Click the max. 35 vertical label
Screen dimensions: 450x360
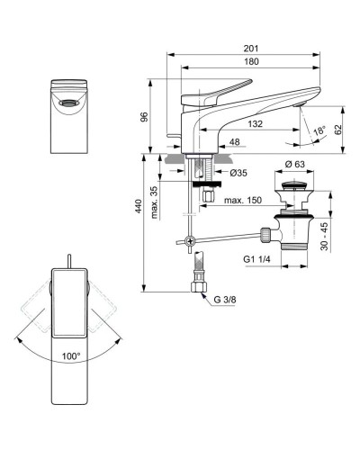(x=155, y=201)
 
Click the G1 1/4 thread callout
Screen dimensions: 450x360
(x=256, y=259)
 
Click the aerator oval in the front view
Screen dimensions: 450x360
(x=68, y=103)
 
